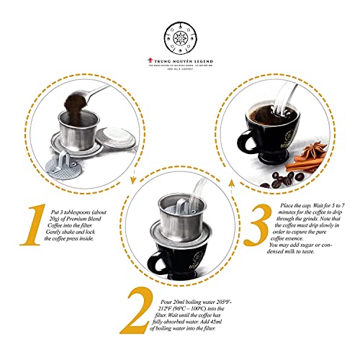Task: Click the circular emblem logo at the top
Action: coord(180,33)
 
